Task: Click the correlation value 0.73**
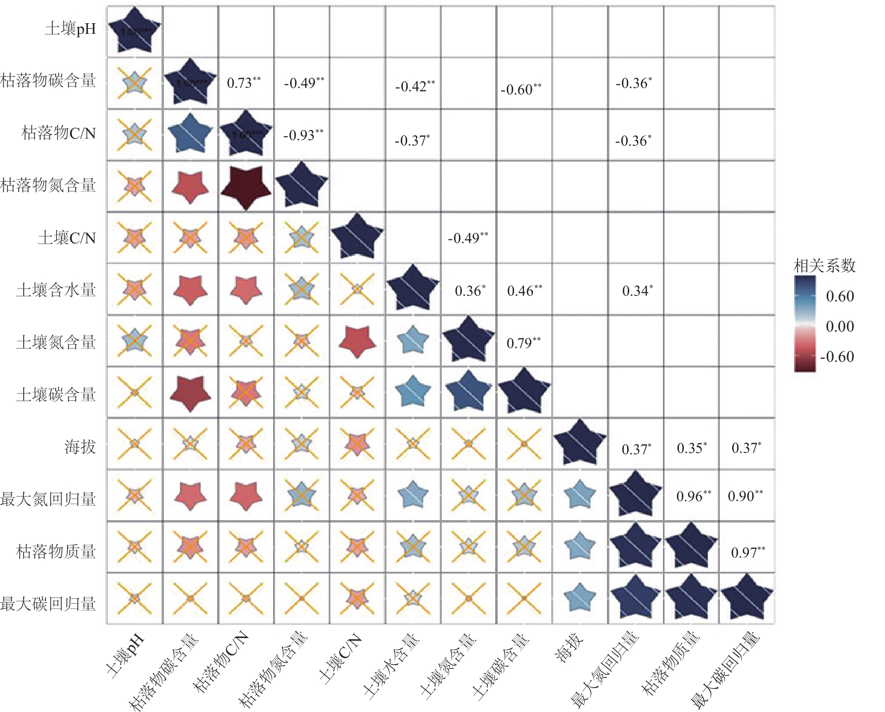[244, 83]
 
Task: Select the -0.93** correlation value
[303, 135]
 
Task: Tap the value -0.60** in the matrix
[521, 89]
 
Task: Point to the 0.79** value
[523, 343]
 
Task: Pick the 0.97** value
[748, 552]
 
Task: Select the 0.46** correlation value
[524, 291]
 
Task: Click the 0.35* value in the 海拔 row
[692, 448]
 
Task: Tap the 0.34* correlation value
[637, 291]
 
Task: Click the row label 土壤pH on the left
[71, 29]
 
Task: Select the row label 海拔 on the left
[80, 447]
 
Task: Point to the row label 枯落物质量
[56, 552]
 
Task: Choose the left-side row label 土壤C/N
[67, 238]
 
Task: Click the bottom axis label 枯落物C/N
[221, 662]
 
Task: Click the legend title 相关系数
[825, 265]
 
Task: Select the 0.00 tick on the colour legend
[840, 326]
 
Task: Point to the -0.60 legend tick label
[837, 357]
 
